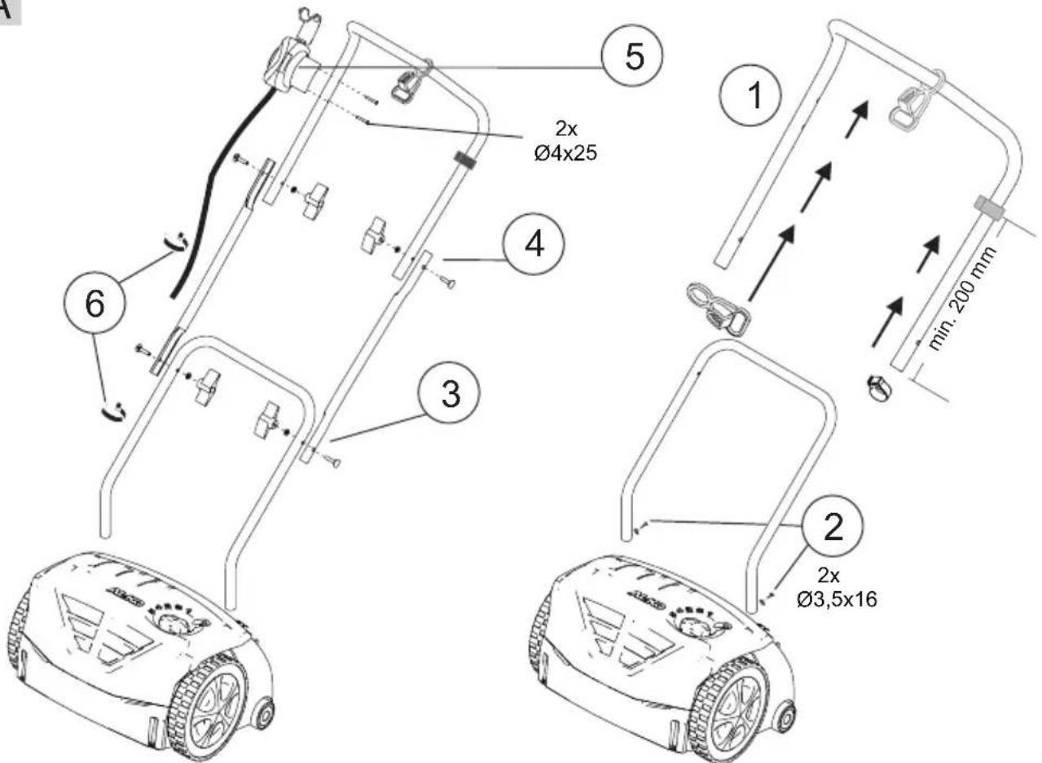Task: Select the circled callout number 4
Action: (534, 244)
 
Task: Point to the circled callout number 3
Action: (450, 393)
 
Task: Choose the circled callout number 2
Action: (832, 527)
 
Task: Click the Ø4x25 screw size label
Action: (565, 154)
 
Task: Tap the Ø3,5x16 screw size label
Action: (836, 599)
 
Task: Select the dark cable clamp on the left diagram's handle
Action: (466, 159)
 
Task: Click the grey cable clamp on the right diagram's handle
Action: (989, 208)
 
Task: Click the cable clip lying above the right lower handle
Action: (719, 309)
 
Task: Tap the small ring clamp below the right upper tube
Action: (880, 388)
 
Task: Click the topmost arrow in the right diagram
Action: (857, 119)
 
